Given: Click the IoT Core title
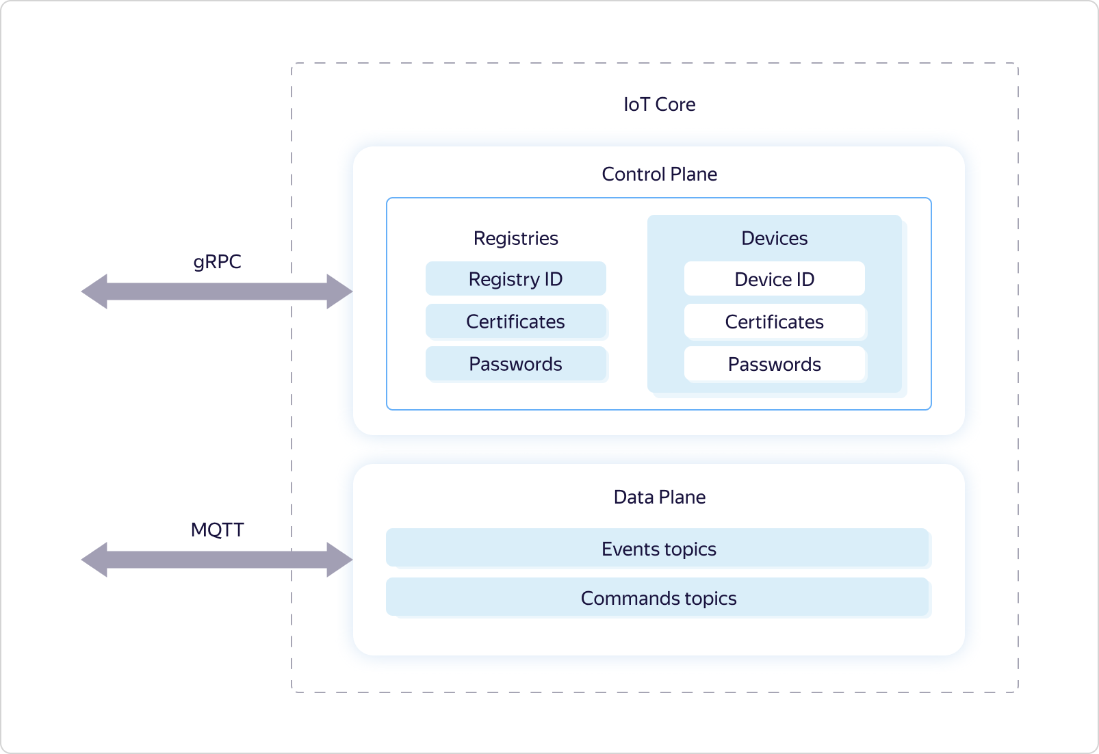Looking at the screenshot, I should [659, 104].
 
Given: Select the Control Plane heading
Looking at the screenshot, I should [659, 174].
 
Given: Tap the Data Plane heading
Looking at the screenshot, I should [659, 497].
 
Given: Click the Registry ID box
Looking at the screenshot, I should [515, 279].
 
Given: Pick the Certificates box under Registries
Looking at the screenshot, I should [515, 322].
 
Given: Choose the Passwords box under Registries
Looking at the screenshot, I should [515, 364].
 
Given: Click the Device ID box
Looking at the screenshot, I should [774, 279].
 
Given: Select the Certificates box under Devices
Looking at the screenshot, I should [774, 322].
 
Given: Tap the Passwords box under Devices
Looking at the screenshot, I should [774, 364].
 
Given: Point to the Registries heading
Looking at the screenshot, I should [515, 238].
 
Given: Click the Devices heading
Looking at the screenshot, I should [774, 238].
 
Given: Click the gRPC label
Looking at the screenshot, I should [217, 261].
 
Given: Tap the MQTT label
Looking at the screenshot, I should [217, 530].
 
